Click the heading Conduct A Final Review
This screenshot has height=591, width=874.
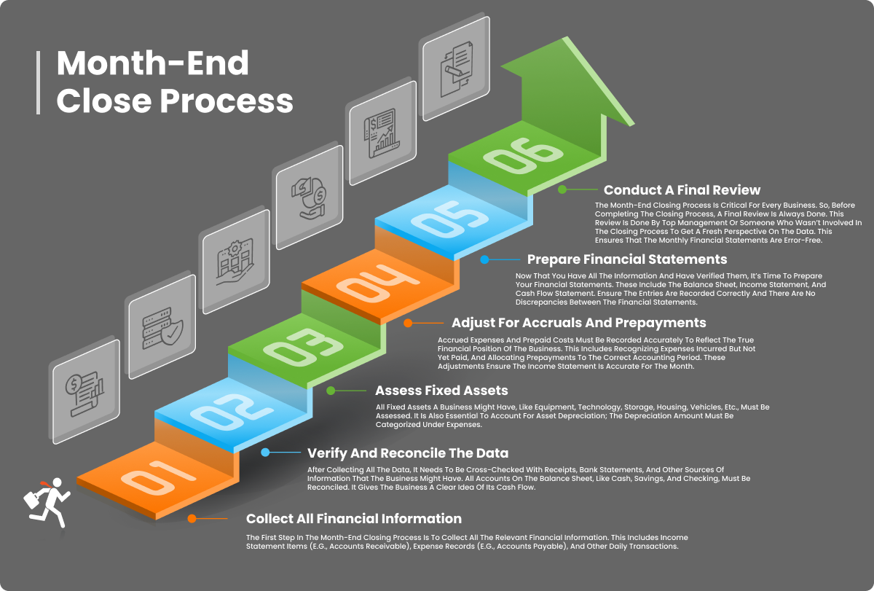point(682,191)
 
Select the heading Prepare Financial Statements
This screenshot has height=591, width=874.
point(627,259)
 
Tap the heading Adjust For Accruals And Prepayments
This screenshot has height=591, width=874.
point(578,322)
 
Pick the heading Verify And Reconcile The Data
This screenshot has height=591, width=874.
point(408,453)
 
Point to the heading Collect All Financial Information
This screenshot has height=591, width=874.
point(354,519)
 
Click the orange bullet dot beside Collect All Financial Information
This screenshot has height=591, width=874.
point(192,519)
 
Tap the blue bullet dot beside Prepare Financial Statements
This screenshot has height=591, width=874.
point(484,259)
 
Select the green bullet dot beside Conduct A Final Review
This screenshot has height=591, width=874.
point(562,189)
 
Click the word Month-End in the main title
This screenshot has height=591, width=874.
point(152,64)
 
